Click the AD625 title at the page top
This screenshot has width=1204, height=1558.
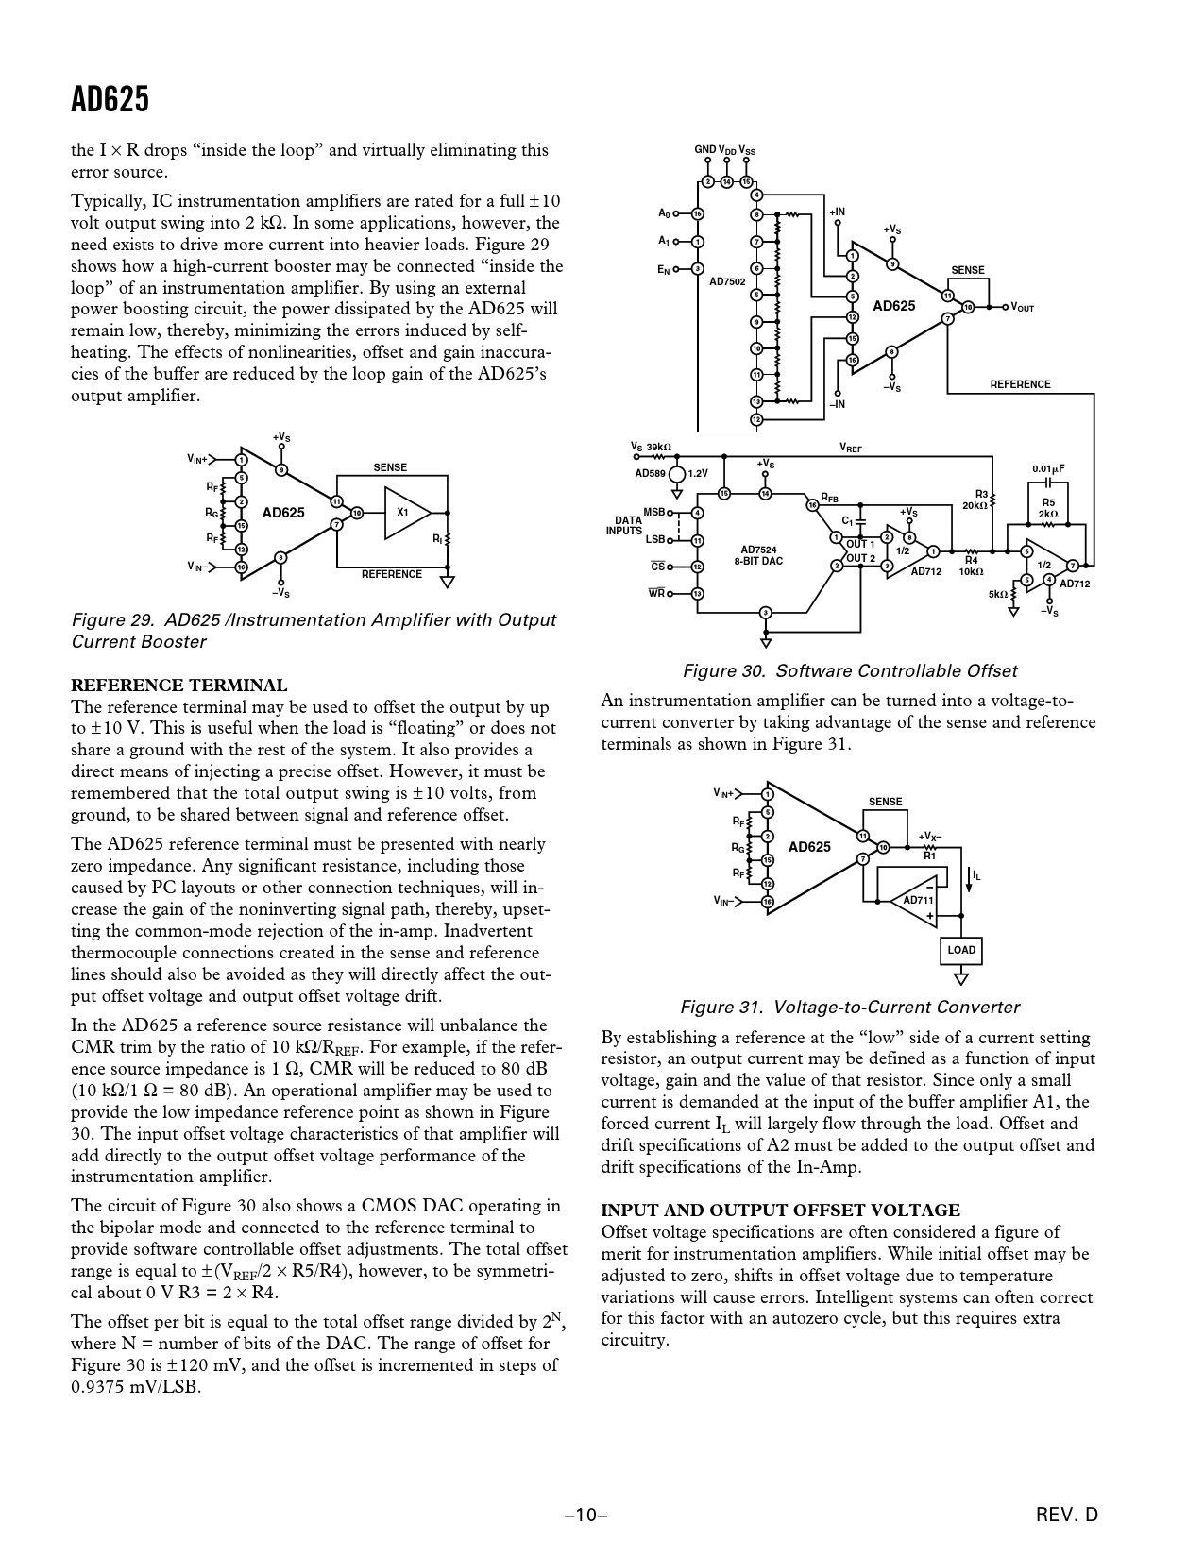pos(110,99)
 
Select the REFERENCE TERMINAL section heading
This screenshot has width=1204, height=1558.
pos(179,686)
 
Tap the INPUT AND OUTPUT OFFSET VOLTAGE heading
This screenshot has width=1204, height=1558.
pos(780,1211)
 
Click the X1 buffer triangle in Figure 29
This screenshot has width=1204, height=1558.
pos(404,512)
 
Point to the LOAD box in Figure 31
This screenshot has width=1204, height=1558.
pos(960,950)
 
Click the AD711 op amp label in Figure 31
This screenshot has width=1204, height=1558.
pos(918,900)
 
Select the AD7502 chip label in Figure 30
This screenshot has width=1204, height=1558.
pos(727,281)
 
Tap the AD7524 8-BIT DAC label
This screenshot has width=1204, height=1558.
pos(758,555)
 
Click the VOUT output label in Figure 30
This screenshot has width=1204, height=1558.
pos(1023,308)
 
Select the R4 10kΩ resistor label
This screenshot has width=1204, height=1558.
pos(971,566)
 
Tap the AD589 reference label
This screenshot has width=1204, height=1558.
pos(650,473)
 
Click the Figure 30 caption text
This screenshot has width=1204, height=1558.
pos(849,671)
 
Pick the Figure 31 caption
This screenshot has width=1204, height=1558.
pos(850,1008)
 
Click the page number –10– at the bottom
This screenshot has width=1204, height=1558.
pos(585,1516)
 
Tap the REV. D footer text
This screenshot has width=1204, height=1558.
pos(1067,1516)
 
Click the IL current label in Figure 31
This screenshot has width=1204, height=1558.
pos(976,876)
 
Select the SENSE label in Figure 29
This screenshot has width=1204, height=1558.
pos(390,467)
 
